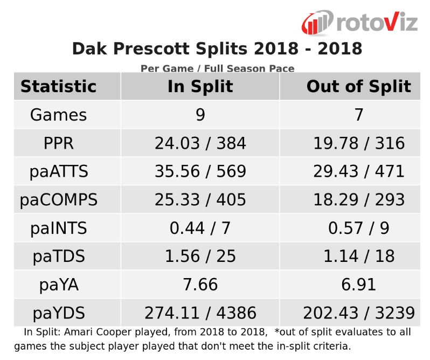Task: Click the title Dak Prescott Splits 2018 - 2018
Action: [x=217, y=49]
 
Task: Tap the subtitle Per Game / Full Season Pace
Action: [x=217, y=68]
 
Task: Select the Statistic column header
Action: [x=58, y=87]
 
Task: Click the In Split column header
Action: [x=200, y=87]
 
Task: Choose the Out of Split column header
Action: [x=358, y=87]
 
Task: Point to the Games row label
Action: [x=58, y=115]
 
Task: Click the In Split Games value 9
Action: [x=200, y=115]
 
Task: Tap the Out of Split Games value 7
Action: [x=358, y=115]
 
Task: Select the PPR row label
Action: [x=58, y=143]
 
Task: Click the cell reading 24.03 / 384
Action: [x=200, y=143]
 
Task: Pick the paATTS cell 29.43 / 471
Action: [x=358, y=171]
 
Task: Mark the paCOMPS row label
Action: [x=58, y=200]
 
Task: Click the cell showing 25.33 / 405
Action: [x=200, y=200]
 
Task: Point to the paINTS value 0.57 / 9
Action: [x=358, y=228]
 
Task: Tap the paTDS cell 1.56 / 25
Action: [x=200, y=257]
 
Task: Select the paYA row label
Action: [x=58, y=285]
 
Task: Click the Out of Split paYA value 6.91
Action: [x=358, y=285]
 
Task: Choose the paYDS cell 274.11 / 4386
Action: [x=200, y=313]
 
